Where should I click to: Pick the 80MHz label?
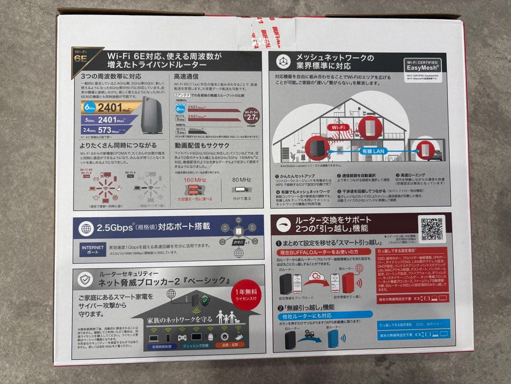242,180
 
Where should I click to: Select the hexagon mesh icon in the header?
283,62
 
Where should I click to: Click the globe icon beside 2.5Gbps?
86,228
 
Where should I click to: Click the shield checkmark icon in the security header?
85,280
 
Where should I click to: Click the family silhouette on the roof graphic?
225,316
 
